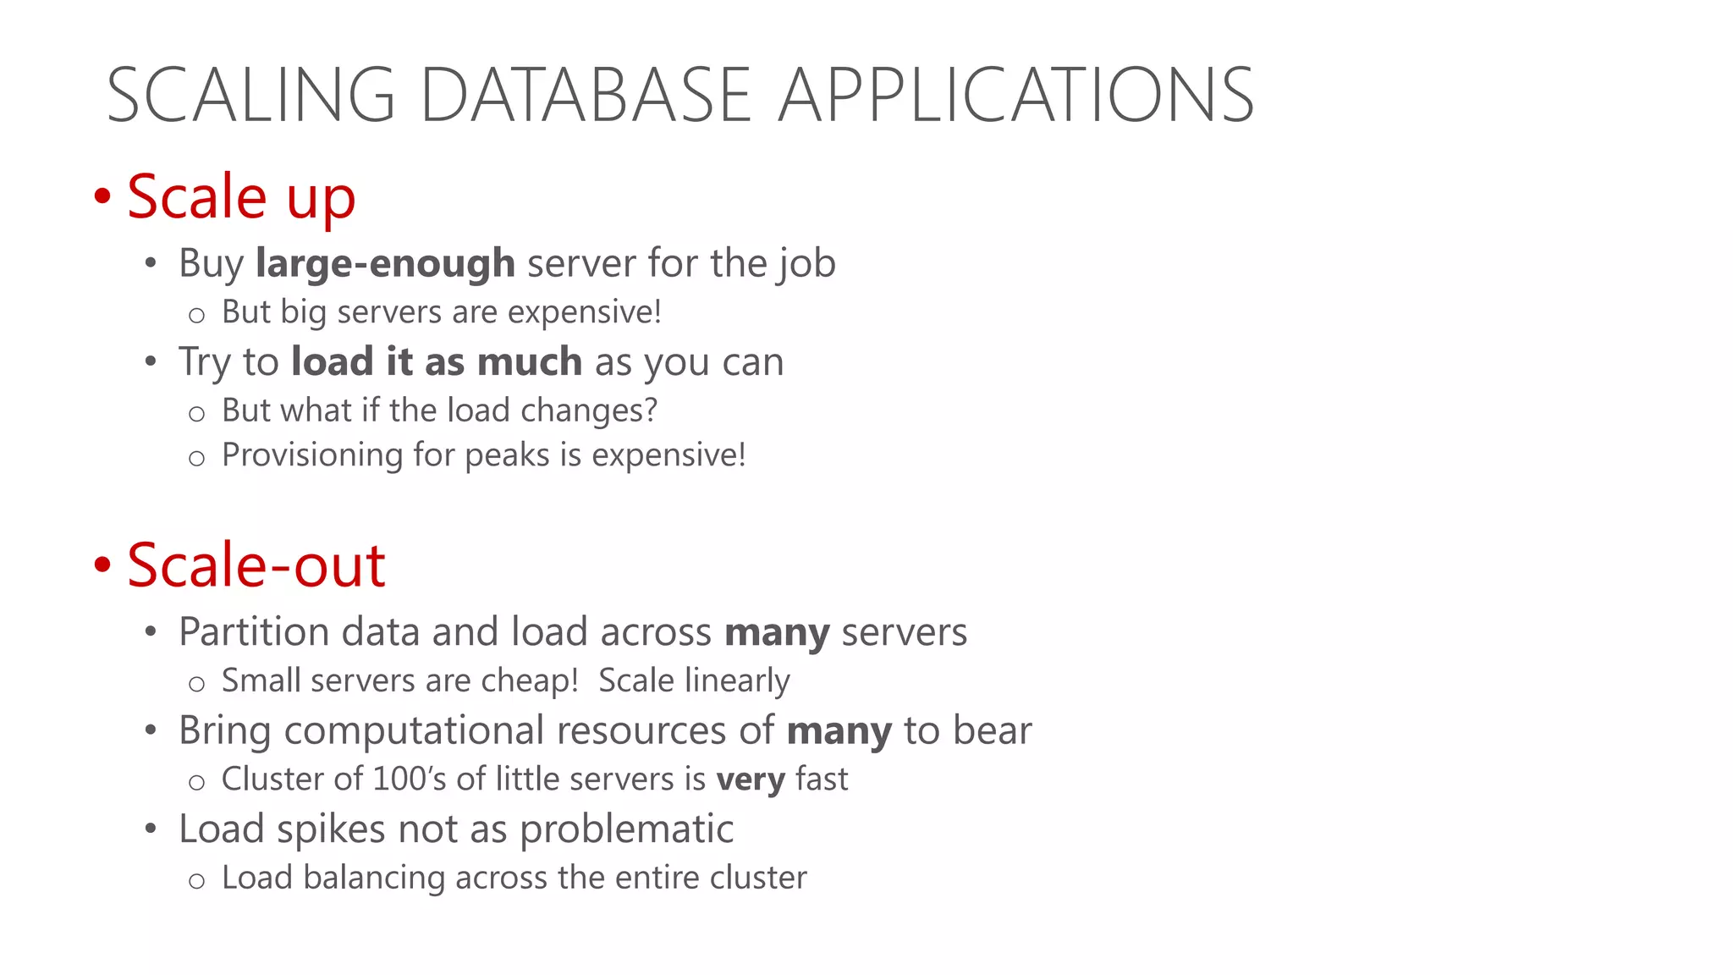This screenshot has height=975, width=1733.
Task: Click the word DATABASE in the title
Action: [x=586, y=95]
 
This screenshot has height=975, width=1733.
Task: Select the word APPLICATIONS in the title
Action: [x=1015, y=95]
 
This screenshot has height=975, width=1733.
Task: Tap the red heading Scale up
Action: [x=241, y=196]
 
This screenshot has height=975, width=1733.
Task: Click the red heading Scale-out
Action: [x=256, y=565]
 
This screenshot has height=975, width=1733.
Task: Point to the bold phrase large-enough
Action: [x=385, y=263]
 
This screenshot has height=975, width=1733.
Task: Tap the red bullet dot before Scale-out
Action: [x=102, y=565]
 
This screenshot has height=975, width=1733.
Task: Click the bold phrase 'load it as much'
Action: [x=437, y=361]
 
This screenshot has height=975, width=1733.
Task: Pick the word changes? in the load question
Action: [x=589, y=410]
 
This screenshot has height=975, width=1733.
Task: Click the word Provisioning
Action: [x=312, y=455]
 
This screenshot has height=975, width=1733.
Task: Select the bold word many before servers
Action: [x=777, y=632]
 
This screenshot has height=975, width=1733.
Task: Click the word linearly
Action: [x=736, y=680]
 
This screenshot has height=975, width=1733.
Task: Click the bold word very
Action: [x=750, y=779]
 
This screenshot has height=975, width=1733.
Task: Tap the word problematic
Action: [x=626, y=829]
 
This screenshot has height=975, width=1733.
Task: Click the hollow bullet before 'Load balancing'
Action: [x=196, y=881]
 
